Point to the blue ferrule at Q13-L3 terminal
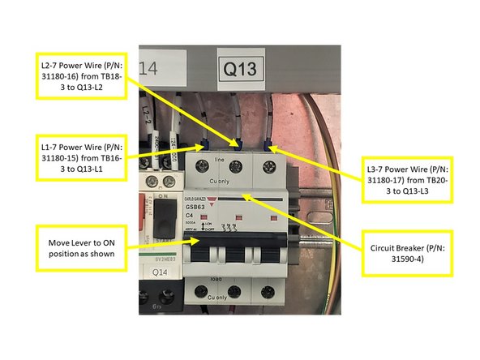270,148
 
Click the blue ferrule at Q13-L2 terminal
238,145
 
